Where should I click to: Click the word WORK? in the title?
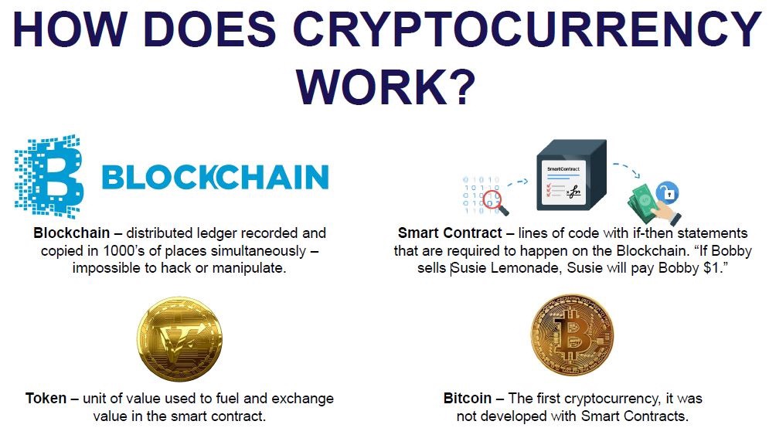tap(386, 87)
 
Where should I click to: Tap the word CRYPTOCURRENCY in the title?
tap(526, 29)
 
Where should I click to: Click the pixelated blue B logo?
tap(49, 176)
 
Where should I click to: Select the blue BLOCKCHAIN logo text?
tap(216, 177)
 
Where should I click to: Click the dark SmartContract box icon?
tap(571, 175)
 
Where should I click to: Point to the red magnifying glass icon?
tap(495, 202)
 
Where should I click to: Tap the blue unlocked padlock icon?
tap(667, 192)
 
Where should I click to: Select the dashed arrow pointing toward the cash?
tap(627, 170)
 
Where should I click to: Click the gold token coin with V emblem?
tap(179, 339)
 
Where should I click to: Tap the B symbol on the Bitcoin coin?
tap(571, 335)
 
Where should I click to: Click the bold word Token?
tap(46, 398)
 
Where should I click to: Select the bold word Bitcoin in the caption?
tap(467, 398)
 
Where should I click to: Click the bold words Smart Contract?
tap(450, 233)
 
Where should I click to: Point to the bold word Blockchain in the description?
tap(72, 233)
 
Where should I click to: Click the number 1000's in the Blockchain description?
tap(124, 250)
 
